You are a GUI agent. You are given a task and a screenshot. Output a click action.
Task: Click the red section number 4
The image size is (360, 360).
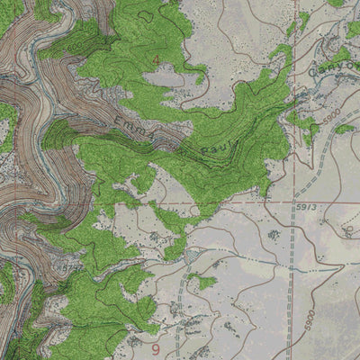[156, 60]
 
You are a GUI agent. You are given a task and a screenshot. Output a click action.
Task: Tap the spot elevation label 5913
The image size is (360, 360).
[307, 207]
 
